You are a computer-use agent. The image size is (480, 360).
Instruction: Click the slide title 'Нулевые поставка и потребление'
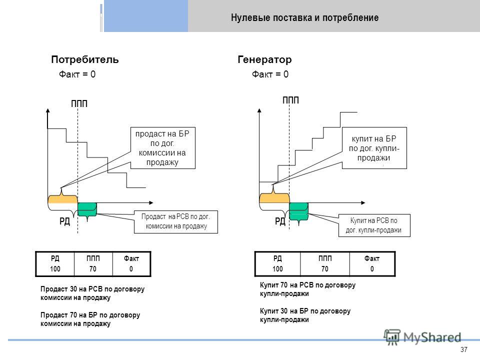(x=304, y=17)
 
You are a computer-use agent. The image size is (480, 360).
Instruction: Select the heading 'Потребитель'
(x=85, y=59)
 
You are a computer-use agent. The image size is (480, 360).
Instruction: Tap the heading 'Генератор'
(x=264, y=59)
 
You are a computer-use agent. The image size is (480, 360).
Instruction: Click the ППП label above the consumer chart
(x=79, y=104)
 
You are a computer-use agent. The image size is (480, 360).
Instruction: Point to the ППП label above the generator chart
(x=291, y=100)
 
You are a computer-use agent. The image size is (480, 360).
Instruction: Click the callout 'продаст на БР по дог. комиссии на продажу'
(x=163, y=148)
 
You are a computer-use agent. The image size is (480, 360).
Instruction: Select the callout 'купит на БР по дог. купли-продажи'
(x=374, y=148)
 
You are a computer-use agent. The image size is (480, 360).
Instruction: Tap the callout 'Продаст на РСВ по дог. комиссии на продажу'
(x=175, y=221)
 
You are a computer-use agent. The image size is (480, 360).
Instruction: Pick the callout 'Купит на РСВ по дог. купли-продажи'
(x=374, y=225)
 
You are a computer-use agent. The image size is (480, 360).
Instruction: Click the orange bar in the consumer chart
(x=63, y=199)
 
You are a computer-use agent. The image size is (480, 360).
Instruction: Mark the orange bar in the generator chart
(x=274, y=198)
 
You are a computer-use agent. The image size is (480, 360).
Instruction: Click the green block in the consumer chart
(x=87, y=209)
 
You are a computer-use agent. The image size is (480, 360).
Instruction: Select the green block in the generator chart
(x=299, y=211)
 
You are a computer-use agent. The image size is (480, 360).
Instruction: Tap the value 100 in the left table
(x=55, y=269)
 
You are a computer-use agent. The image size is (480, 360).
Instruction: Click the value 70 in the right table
(x=325, y=269)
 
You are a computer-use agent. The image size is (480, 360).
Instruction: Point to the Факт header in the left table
(x=131, y=258)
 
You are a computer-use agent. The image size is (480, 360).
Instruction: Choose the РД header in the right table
(x=277, y=258)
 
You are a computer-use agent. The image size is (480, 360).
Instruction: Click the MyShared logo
(x=422, y=337)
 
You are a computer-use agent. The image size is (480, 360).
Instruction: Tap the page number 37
(x=464, y=349)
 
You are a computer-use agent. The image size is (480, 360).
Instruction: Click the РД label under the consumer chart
(x=64, y=221)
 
